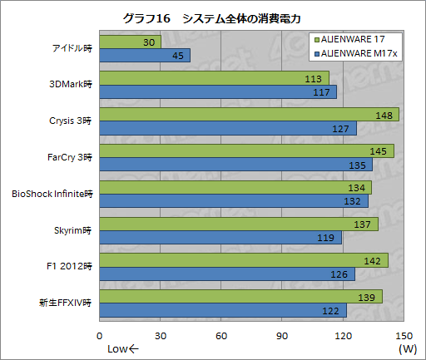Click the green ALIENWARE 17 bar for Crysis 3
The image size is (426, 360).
[249, 114]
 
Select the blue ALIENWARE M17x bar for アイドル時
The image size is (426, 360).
[145, 55]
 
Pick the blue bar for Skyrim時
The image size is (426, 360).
[220, 238]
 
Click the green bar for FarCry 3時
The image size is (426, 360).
[246, 150]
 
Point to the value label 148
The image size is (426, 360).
[384, 115]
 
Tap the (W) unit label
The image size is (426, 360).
[407, 348]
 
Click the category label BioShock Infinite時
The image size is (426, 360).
[52, 194]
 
